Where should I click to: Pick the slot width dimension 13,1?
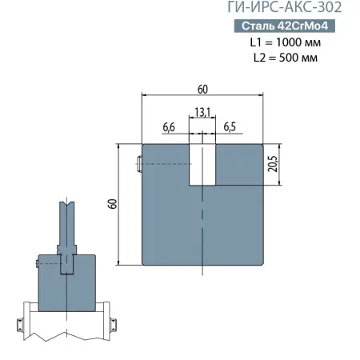pos(202,114)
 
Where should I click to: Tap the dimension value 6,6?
pos(170,127)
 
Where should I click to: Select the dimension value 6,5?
pos(230,127)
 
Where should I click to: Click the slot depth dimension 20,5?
pos(273,163)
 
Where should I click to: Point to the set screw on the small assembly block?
pos(37,263)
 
